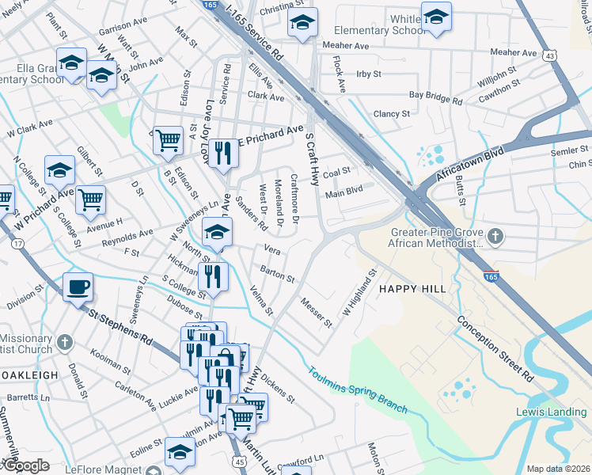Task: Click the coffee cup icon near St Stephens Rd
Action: coord(78,287)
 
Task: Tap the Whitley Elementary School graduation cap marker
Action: coord(435,17)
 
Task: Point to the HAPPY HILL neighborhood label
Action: coord(412,289)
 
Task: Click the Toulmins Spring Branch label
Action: coord(357,389)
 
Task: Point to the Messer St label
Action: coord(317,312)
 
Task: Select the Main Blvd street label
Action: coord(343,191)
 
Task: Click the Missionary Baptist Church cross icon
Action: coord(65,343)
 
